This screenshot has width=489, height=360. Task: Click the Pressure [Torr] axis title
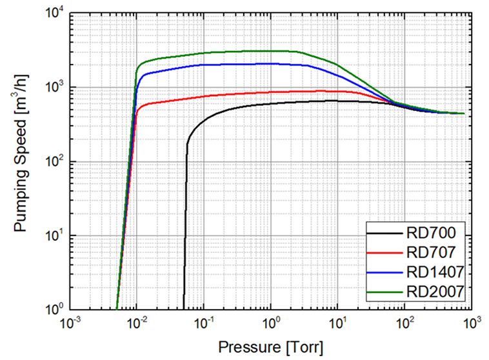270,346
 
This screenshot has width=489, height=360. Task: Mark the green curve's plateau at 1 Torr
270,51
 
